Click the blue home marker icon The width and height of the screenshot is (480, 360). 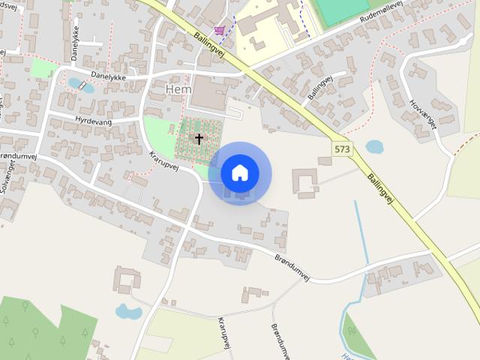pos(239,173)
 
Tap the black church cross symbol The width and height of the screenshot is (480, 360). pos(199,139)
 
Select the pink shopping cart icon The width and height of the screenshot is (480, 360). pos(219,30)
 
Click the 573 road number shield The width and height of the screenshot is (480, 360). pos(342,149)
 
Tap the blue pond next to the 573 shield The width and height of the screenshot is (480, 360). pos(374,146)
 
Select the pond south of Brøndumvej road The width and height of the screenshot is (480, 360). pos(128,311)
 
